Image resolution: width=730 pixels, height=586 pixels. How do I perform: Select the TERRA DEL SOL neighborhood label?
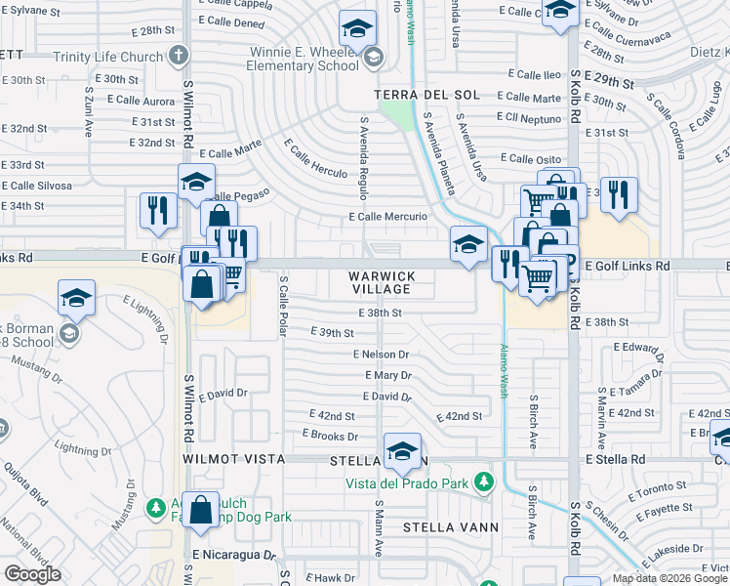pyautogui.click(x=426, y=95)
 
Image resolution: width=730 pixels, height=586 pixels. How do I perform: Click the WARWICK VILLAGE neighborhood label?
pyautogui.click(x=382, y=283)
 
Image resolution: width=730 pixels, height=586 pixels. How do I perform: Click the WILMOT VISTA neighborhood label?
pyautogui.click(x=232, y=458)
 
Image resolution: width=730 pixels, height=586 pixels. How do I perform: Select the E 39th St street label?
pyautogui.click(x=331, y=333)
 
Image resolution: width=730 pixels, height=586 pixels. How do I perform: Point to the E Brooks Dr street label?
pyautogui.click(x=330, y=435)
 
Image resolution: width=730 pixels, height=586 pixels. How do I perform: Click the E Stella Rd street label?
pyautogui.click(x=616, y=458)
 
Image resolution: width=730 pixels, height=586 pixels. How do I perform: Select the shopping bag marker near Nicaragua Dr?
pyautogui.click(x=200, y=511)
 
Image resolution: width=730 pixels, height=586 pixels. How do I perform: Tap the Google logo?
pyautogui.click(x=32, y=574)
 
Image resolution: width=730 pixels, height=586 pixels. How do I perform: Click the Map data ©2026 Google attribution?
pyautogui.click(x=669, y=578)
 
